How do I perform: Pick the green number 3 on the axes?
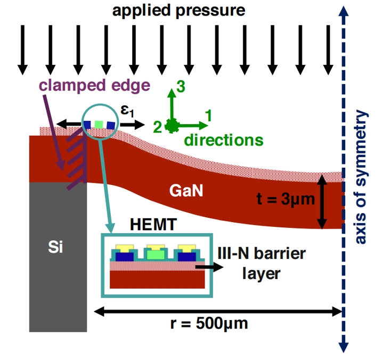tap(181, 88)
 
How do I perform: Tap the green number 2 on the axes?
tap(158, 127)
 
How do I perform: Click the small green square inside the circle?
tap(99, 125)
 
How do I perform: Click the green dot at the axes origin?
tap(171, 126)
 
